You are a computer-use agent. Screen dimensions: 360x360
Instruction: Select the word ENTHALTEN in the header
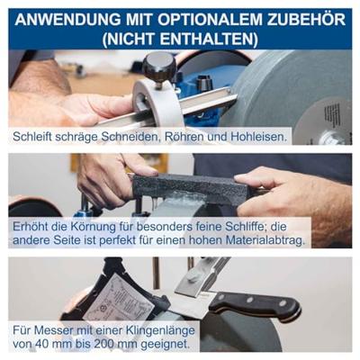point(209,40)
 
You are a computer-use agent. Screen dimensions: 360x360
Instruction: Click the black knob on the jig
point(158,67)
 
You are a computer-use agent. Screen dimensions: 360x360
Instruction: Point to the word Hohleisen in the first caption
point(256,137)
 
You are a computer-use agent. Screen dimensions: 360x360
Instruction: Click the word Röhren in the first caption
point(183,137)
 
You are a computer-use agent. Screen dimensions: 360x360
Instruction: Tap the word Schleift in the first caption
point(32,137)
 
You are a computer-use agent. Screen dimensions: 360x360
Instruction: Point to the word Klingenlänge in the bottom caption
point(161,330)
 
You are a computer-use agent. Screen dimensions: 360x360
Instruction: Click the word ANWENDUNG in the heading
point(65,20)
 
